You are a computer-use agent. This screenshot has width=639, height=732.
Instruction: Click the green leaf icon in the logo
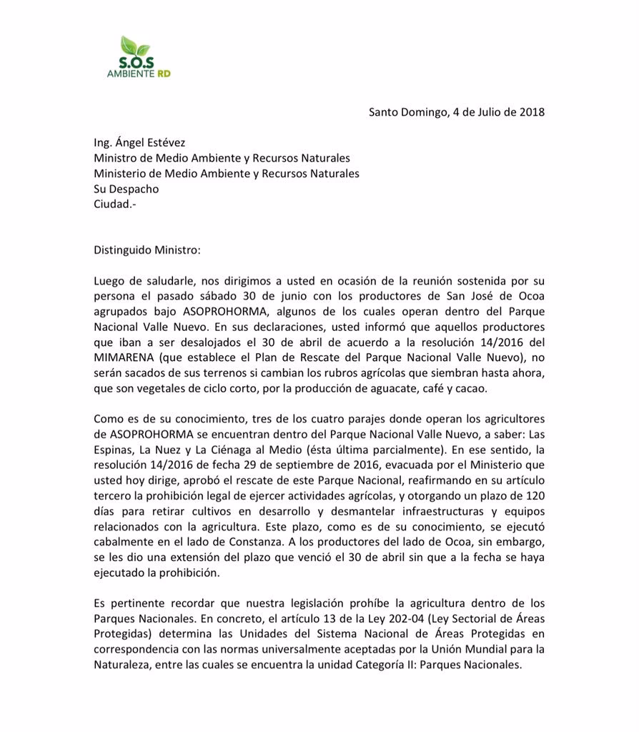click(136, 46)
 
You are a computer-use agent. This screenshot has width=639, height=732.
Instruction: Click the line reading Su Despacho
click(127, 189)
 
